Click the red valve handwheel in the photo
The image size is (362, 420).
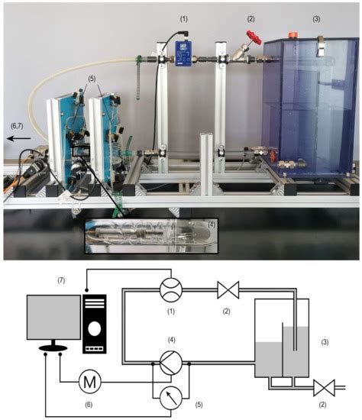[254, 37]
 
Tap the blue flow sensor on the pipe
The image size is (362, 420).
[183, 53]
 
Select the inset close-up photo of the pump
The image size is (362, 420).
[151, 236]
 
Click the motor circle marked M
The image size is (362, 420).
[90, 382]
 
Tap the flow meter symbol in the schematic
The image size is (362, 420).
[171, 289]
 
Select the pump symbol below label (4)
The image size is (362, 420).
[171, 363]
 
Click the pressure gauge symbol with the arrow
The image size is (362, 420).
[171, 398]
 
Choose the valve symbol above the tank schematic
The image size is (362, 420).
[228, 290]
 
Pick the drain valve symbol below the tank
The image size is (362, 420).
[325, 388]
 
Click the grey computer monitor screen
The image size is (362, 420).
[53, 317]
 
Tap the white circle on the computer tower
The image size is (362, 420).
[95, 328]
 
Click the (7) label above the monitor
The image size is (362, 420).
[61, 280]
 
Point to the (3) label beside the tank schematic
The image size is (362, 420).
[325, 342]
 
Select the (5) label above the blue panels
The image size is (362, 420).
[92, 79]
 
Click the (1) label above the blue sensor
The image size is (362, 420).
[183, 19]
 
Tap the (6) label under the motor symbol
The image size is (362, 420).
[89, 405]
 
